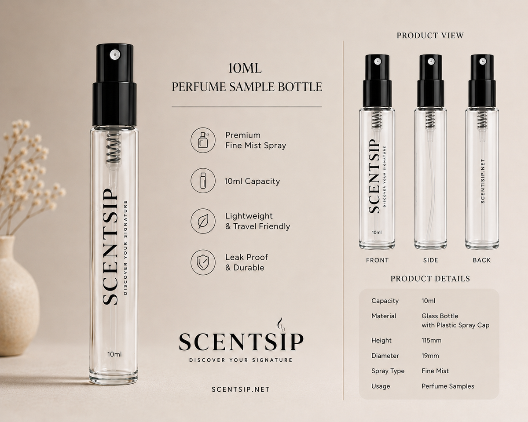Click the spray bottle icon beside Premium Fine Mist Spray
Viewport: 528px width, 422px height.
coord(203,140)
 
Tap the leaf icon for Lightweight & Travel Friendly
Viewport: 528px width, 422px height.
coord(203,221)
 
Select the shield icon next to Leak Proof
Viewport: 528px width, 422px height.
coord(203,262)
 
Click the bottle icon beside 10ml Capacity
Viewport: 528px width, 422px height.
coord(203,181)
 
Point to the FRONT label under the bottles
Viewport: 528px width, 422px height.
coord(378,260)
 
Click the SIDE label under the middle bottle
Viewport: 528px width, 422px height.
coord(431,260)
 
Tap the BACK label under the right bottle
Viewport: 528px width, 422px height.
coord(482,260)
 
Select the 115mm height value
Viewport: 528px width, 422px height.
coord(431,340)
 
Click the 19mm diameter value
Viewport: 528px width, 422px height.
coord(430,356)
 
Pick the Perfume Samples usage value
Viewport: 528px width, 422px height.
coord(448,386)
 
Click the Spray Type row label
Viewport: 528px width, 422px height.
coord(388,371)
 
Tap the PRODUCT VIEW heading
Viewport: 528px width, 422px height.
coord(430,36)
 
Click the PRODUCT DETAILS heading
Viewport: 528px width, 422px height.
coord(430,279)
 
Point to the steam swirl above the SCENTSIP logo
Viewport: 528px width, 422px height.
coord(281,325)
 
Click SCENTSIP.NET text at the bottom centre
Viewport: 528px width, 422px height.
coord(240,389)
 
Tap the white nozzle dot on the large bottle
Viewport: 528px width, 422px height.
coord(114,54)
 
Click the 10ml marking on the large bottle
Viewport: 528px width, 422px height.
coord(114,354)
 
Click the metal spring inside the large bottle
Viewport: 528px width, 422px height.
coord(114,150)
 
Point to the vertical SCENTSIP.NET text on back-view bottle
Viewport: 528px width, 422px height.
coord(483,181)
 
